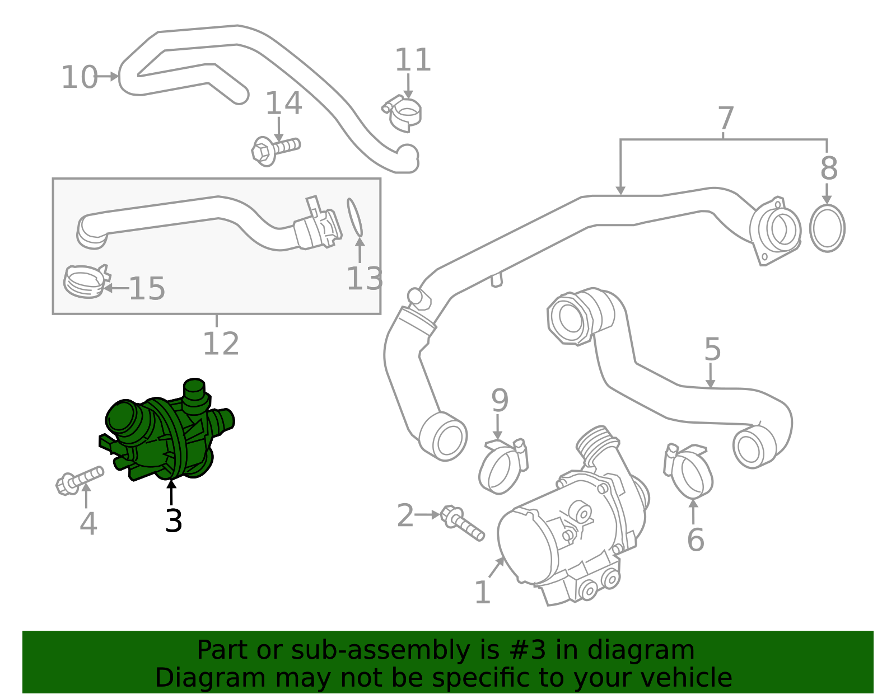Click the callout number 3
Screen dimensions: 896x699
point(173,520)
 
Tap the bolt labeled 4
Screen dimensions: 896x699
point(79,480)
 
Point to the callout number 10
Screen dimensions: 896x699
point(80,77)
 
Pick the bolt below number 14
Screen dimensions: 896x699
point(276,151)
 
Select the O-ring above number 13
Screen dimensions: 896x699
point(354,218)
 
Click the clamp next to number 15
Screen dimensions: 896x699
point(87,282)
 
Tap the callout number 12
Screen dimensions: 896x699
point(221,344)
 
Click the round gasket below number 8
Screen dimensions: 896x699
point(827,228)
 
